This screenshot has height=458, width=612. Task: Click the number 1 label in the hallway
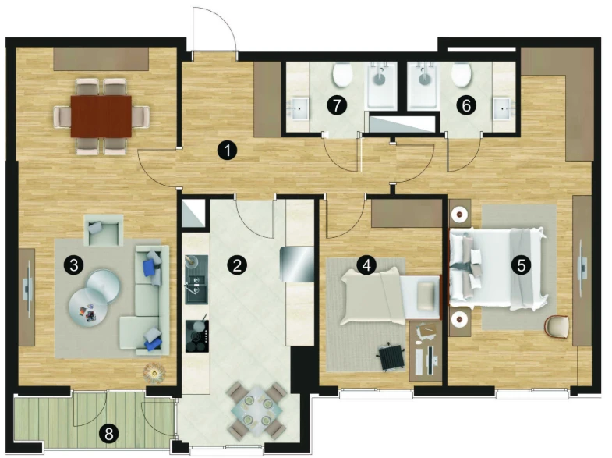coord(227,150)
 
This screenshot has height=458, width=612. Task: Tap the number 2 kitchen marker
coord(237,265)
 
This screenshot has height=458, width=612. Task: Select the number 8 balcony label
coord(109,433)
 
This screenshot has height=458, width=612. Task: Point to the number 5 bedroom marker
coord(521,265)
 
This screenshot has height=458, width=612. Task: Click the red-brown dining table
coord(101,116)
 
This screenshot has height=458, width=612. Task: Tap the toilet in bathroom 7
coord(343,75)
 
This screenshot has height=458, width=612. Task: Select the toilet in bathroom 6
coord(461,75)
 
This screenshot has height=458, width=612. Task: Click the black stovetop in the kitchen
coord(197,336)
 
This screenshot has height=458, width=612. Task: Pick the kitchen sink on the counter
coord(196,280)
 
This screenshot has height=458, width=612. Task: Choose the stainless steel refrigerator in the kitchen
coord(297,264)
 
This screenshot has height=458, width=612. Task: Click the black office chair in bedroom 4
coord(391,356)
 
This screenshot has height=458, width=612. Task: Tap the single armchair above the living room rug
coord(104,230)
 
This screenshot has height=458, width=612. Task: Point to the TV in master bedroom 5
coord(582,268)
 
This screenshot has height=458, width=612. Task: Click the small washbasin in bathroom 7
coord(299,108)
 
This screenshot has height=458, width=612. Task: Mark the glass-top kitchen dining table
coord(256,410)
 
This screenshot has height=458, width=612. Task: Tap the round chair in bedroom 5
coord(556,326)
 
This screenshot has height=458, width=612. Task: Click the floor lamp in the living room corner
coord(154,373)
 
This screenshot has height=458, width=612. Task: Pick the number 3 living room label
coord(73,265)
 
